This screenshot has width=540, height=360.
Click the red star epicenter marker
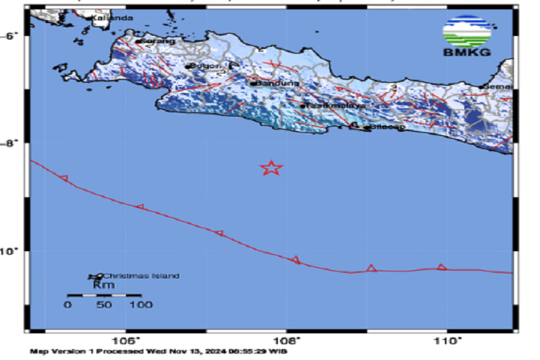tap(271, 168)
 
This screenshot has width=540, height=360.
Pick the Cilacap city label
tap(387, 127)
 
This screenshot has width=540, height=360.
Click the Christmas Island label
tap(140, 276)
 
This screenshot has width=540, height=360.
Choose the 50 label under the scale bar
tap(103, 305)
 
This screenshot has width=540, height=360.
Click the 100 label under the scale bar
tap(140, 305)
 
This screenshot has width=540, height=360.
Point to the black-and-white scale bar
tap(103, 295)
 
